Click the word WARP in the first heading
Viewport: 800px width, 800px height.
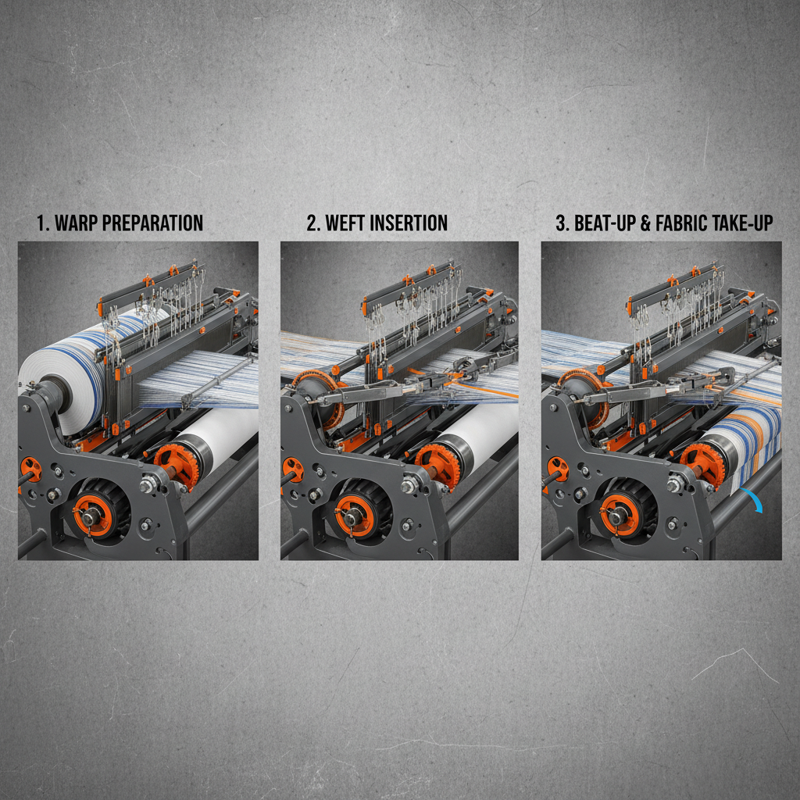(x=75, y=223)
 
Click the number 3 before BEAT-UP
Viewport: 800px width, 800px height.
(x=561, y=223)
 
